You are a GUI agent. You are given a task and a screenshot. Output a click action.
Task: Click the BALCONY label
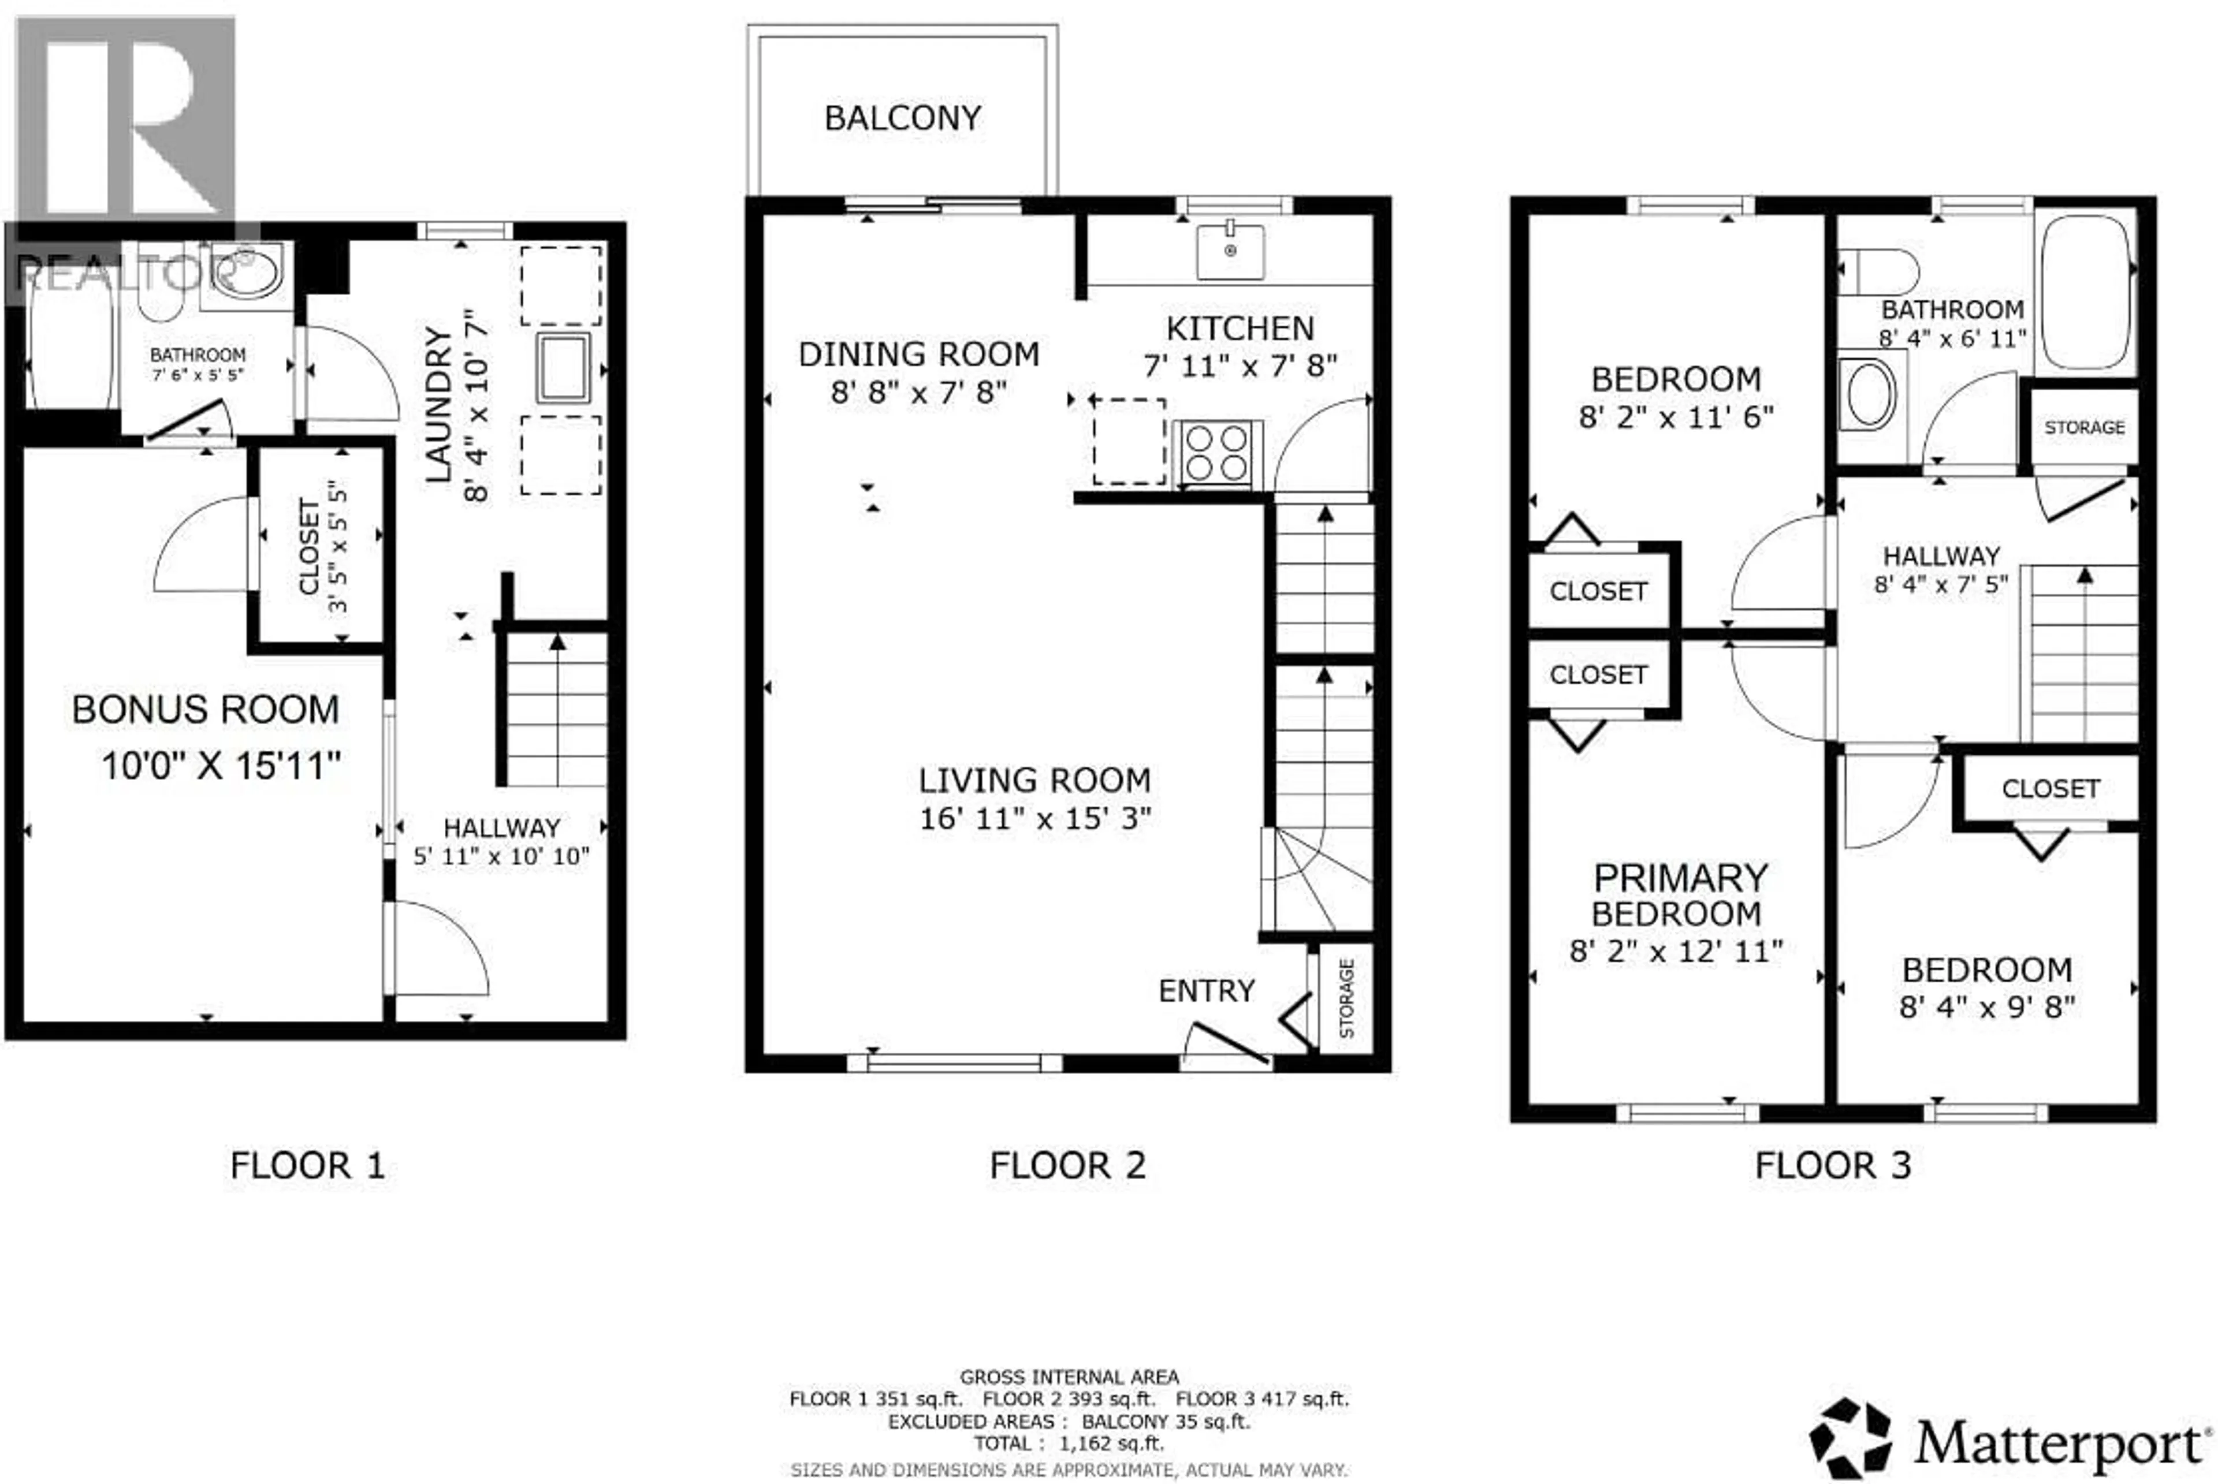(902, 118)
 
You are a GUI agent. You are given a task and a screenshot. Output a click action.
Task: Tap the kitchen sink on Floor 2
(1230, 252)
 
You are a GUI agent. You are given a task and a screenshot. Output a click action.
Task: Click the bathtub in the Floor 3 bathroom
(2086, 290)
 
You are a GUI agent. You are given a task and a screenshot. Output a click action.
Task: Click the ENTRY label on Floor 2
(1206, 991)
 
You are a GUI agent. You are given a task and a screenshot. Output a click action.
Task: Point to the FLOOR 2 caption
(1067, 1165)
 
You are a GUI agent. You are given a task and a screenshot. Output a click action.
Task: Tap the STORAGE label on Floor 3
(2083, 428)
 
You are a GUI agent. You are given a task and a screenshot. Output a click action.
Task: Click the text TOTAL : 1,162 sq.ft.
(1069, 1444)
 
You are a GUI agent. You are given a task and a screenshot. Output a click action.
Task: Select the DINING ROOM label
(918, 354)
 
